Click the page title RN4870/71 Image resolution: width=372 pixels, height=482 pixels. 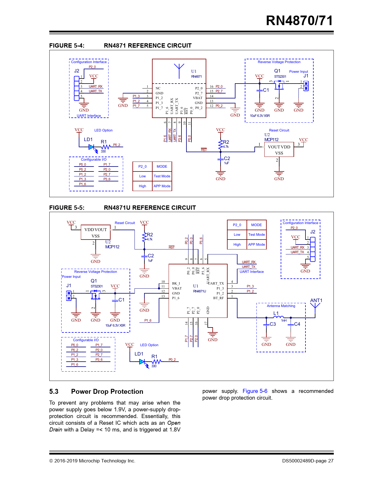pyautogui.click(x=299, y=21)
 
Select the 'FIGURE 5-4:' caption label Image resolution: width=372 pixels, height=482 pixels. pyautogui.click(x=67, y=46)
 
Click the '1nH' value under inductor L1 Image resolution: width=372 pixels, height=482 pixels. pyautogui.click(x=284, y=320)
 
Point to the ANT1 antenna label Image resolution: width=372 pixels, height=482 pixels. pyautogui.click(x=316, y=300)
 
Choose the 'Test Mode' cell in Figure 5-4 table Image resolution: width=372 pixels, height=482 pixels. pyautogui.click(x=162, y=176)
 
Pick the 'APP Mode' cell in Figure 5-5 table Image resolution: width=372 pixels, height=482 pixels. pyautogui.click(x=256, y=245)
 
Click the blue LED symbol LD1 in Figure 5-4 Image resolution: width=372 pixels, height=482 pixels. pyautogui.click(x=91, y=147)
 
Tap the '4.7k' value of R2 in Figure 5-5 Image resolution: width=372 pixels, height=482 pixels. pyautogui.click(x=150, y=239)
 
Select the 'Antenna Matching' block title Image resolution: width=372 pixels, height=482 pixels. pyautogui.click(x=281, y=306)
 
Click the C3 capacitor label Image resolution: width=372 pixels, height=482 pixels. pyautogui.click(x=273, y=324)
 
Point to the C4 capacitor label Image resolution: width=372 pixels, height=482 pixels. pyautogui.click(x=297, y=324)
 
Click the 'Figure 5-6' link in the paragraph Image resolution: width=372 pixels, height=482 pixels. pyautogui.click(x=255, y=391)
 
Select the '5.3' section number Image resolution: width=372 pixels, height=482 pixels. pyautogui.click(x=54, y=391)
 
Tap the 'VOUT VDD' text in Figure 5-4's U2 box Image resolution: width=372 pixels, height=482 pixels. pyautogui.click(x=279, y=147)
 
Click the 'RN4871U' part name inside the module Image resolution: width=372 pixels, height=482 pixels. pyautogui.click(x=199, y=291)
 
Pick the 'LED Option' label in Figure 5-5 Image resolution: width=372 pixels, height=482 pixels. pyautogui.click(x=149, y=345)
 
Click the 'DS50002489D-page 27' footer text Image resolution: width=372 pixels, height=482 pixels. pyautogui.click(x=308, y=461)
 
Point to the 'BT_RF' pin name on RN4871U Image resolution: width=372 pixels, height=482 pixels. pyautogui.click(x=219, y=298)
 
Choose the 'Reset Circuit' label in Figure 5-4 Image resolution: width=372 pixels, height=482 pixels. pyautogui.click(x=279, y=130)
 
